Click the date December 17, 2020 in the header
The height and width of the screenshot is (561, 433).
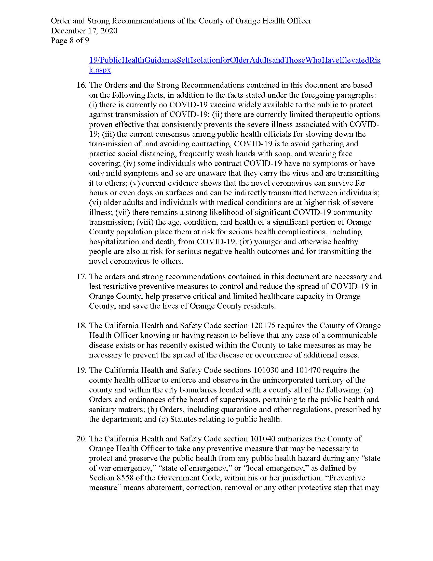[x=84, y=31]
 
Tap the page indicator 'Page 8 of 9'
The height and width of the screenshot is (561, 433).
[x=70, y=41]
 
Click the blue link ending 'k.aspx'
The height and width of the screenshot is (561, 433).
[x=100, y=70]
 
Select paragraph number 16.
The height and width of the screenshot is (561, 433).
[x=81, y=85]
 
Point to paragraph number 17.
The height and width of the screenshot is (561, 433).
[x=81, y=277]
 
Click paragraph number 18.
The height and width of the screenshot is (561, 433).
[x=81, y=326]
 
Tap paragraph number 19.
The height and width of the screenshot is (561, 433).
[x=81, y=371]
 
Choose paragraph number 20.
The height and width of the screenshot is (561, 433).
[x=81, y=439]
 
